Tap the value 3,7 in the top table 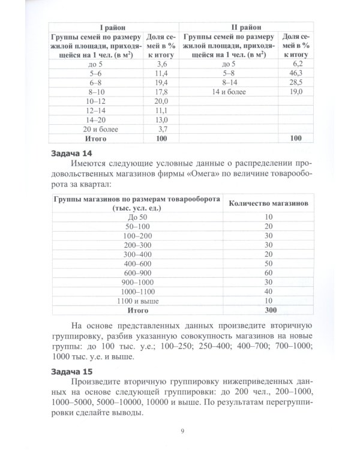pos(161,130)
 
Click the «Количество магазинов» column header pos(269,203)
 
